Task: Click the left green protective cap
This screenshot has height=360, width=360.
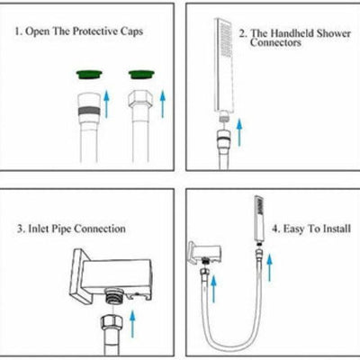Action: (x=89, y=74)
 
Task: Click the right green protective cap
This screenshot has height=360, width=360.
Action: (x=141, y=74)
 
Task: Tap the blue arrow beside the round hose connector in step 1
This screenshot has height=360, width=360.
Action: (x=106, y=104)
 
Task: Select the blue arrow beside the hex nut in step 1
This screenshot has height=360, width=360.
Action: (x=163, y=103)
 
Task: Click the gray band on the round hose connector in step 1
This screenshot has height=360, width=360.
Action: (x=89, y=111)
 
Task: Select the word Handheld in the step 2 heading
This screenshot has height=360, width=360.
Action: (x=292, y=33)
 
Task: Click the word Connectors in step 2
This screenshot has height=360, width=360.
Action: (x=275, y=42)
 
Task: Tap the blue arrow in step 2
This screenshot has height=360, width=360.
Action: (x=239, y=132)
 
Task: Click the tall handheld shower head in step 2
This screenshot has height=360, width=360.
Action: (x=223, y=65)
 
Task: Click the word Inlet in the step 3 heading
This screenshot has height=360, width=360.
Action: (x=39, y=229)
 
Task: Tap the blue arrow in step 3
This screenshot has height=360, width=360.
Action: (x=131, y=324)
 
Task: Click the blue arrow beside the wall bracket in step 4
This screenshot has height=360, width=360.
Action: (x=213, y=289)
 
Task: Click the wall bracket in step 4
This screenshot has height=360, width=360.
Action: (x=204, y=253)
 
